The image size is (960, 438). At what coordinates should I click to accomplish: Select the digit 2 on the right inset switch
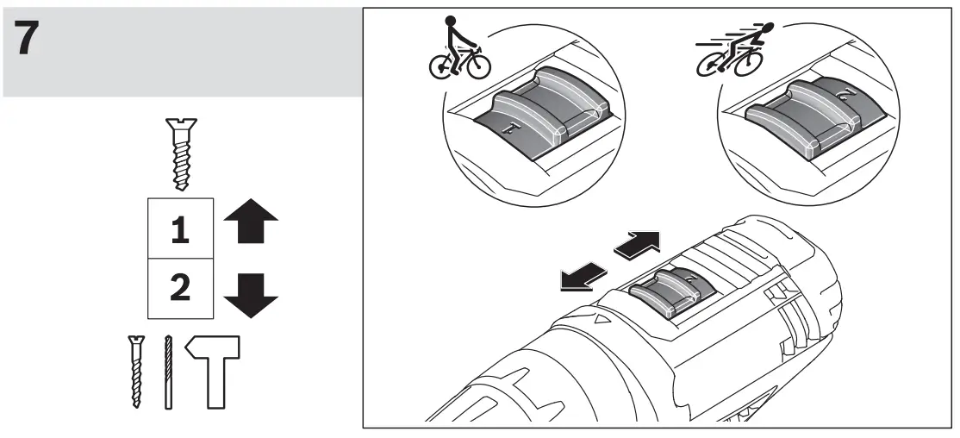[845, 92]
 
